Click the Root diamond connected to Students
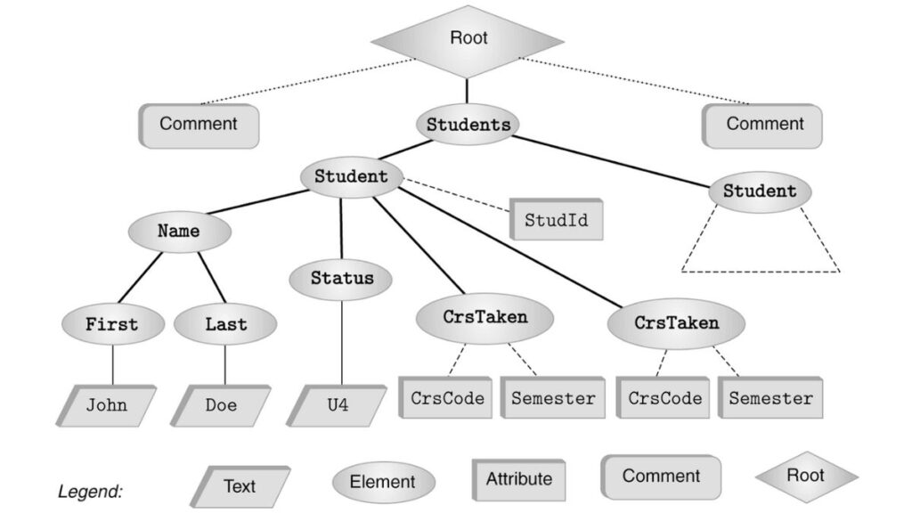468,40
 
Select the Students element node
468,125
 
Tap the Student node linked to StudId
351,176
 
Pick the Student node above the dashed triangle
759,191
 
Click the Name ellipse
179,232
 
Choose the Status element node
342,279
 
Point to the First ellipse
112,325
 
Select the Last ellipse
225,325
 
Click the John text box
107,405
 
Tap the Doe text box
221,405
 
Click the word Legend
90,491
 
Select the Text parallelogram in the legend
240,485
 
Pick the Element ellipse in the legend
382,483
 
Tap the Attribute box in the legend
518,478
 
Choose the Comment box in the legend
661,476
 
